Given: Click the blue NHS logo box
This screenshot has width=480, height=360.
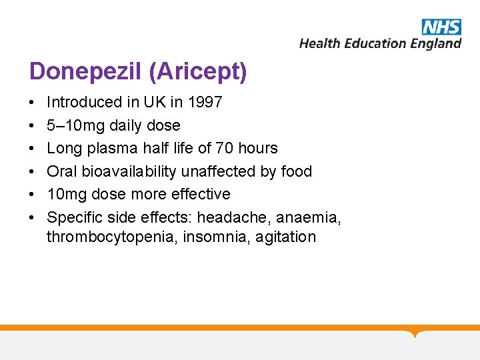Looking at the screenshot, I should pyautogui.click(x=441, y=27).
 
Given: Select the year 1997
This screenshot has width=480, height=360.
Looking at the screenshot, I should pyautogui.click(x=205, y=103).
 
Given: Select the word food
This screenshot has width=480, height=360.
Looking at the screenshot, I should pyautogui.click(x=296, y=171).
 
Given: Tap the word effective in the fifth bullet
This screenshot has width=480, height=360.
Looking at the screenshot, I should pyautogui.click(x=200, y=194).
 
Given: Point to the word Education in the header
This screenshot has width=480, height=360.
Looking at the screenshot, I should pyautogui.click(x=372, y=44).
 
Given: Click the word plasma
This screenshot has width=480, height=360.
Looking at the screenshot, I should pyautogui.click(x=113, y=148).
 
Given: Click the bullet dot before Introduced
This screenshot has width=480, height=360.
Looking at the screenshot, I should pyautogui.click(x=32, y=103).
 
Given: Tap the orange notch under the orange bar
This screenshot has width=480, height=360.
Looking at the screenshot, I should pyautogui.click(x=415, y=333).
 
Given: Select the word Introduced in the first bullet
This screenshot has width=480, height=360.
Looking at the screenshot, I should pyautogui.click(x=83, y=103).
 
